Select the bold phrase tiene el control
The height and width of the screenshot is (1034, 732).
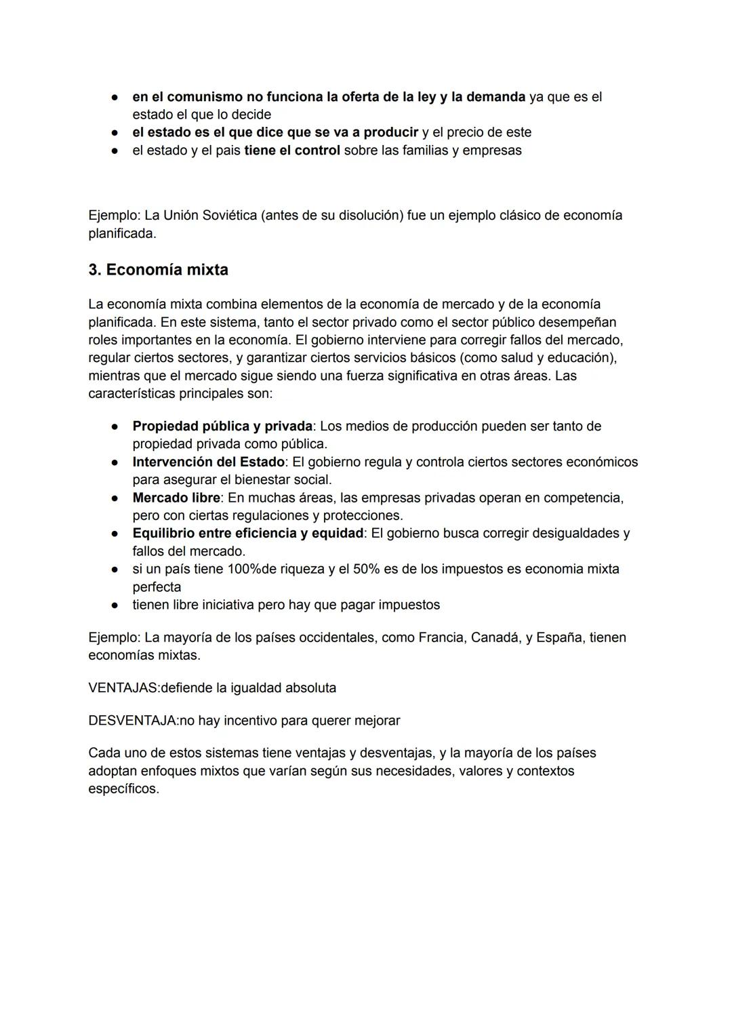pos(292,151)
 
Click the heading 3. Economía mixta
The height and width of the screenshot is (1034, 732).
pos(158,270)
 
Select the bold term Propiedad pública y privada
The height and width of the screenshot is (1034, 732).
pos(222,426)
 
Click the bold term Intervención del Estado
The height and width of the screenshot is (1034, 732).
pos(208,462)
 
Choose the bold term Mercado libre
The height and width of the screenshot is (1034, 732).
pos(176,498)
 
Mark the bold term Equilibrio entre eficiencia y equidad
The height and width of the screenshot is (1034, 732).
pos(248,534)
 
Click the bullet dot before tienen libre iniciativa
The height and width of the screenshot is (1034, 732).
pos(116,605)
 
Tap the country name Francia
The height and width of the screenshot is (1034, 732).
pos(441,638)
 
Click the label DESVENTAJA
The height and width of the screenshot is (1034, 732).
pos(132,721)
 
